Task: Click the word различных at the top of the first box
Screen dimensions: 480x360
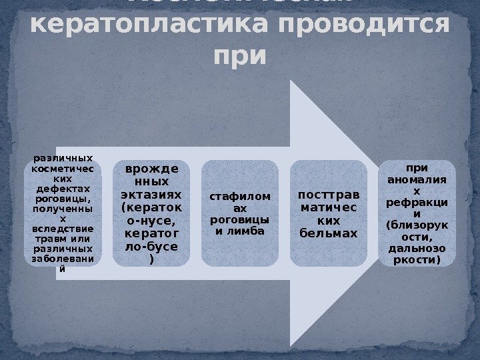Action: point(63,159)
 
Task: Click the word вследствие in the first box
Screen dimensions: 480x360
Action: point(63,229)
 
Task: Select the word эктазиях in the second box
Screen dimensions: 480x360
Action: point(151,194)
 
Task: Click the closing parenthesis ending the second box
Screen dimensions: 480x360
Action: point(152,260)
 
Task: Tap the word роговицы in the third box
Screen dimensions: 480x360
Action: point(239,219)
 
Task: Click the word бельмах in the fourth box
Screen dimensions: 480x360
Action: point(328,233)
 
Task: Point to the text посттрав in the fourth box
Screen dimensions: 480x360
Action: point(328,193)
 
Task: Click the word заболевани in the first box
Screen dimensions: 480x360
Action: point(63,259)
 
